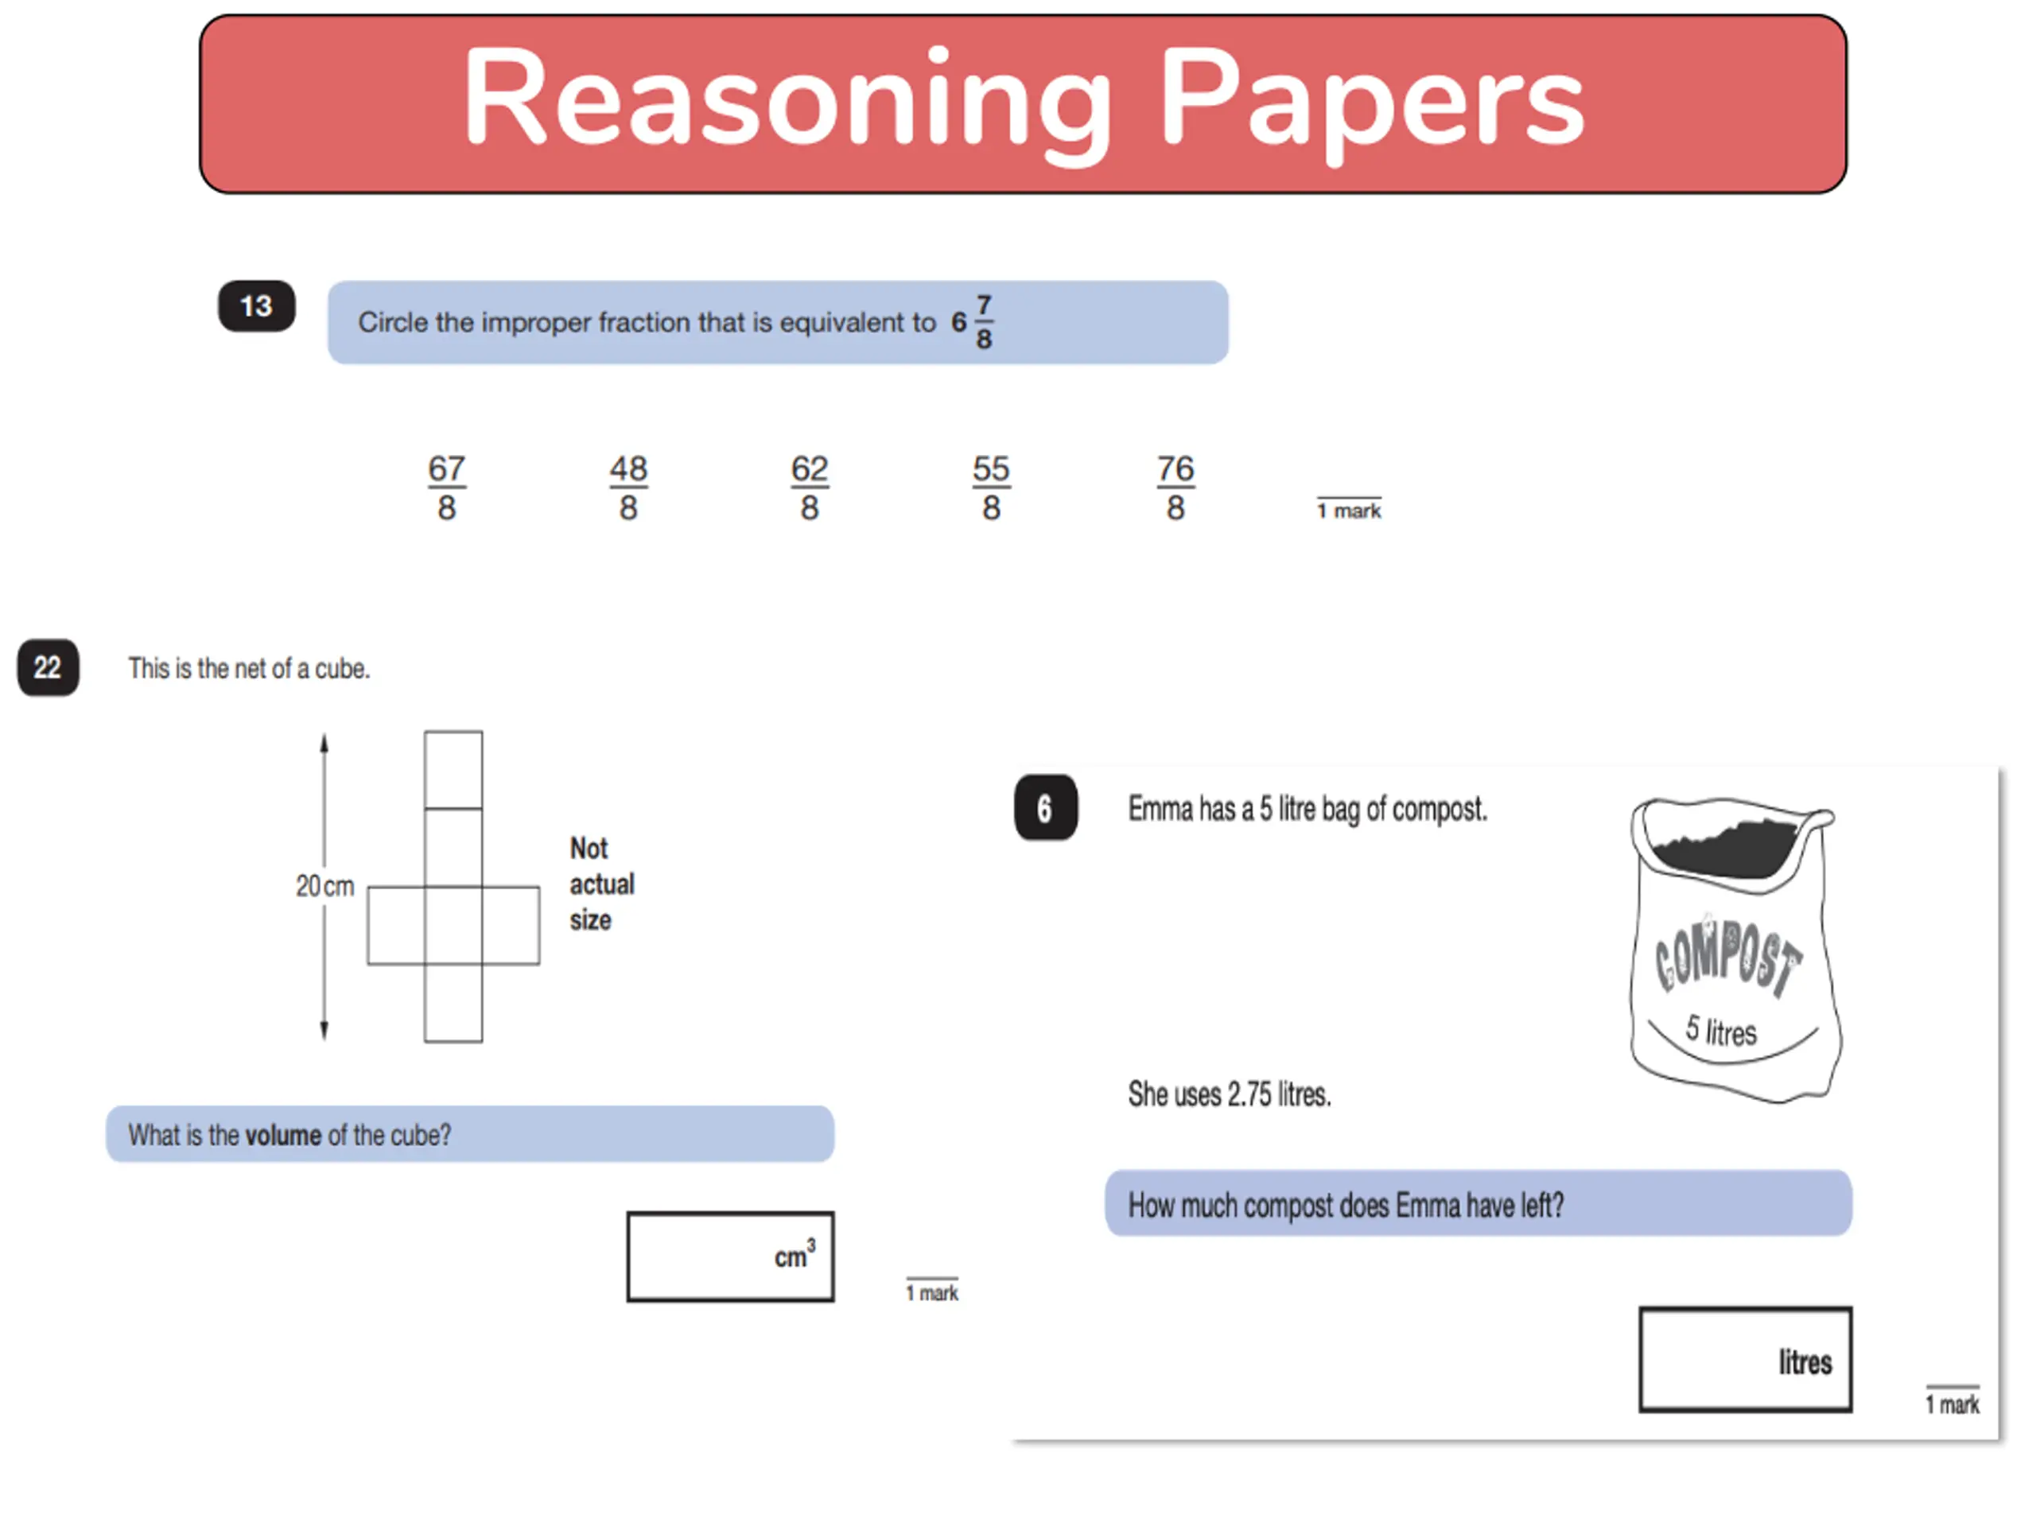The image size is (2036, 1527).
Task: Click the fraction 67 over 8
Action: click(x=446, y=488)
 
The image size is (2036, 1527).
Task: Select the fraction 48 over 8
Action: click(x=628, y=488)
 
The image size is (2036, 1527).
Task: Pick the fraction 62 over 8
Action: click(x=810, y=488)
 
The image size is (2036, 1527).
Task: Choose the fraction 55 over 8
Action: click(x=991, y=488)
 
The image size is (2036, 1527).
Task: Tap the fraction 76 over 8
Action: click(x=1175, y=488)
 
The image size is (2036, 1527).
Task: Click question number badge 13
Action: click(x=257, y=305)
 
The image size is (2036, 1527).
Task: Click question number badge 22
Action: click(x=48, y=667)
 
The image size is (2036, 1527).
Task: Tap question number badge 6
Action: click(x=1046, y=808)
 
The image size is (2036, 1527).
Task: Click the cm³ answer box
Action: click(x=730, y=1257)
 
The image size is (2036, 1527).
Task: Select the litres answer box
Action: click(x=1745, y=1358)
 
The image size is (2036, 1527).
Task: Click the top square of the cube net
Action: click(x=453, y=770)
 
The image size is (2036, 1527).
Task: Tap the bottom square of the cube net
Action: click(x=453, y=1003)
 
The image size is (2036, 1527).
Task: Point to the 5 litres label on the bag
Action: click(x=1721, y=1031)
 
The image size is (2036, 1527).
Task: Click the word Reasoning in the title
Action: click(x=787, y=99)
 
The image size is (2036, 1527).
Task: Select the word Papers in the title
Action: click(x=1371, y=99)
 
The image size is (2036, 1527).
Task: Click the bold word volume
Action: click(x=282, y=1135)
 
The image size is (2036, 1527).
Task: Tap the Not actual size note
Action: click(x=601, y=884)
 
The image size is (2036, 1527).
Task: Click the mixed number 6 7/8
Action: click(x=972, y=322)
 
